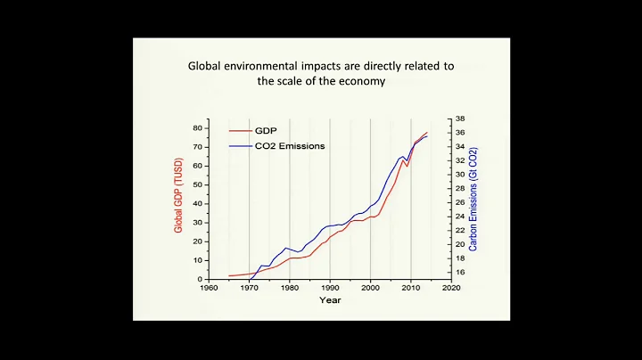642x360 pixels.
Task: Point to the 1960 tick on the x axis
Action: [x=208, y=289]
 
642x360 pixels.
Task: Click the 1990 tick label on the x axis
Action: [x=330, y=289]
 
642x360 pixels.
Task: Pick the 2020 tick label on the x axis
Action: [x=452, y=289]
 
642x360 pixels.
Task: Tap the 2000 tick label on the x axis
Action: [x=371, y=289]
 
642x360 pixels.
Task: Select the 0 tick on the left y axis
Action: [x=200, y=279]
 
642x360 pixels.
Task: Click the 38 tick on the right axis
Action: [x=460, y=119]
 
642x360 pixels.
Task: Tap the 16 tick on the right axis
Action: [x=460, y=272]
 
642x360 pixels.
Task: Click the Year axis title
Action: [x=329, y=300]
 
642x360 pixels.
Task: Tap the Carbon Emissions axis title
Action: [x=473, y=199]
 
